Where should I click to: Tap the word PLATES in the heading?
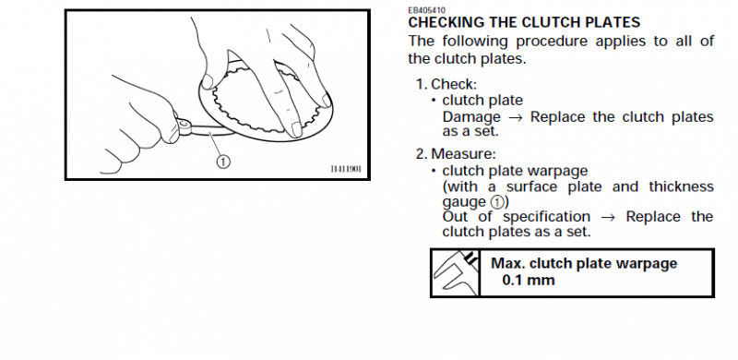coord(608,22)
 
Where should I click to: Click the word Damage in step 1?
coord(471,117)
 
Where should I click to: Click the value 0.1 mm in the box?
coord(529,280)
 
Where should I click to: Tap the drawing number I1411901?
coord(349,168)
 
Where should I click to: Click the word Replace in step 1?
coord(557,117)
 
